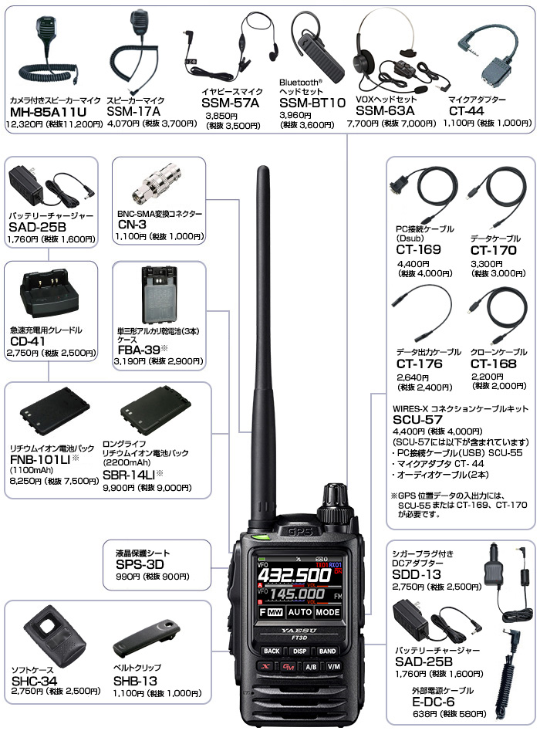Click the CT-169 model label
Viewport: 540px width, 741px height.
pyautogui.click(x=417, y=249)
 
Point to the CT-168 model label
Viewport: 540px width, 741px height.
pyautogui.click(x=491, y=364)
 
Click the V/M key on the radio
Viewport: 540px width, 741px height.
pyautogui.click(x=333, y=666)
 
